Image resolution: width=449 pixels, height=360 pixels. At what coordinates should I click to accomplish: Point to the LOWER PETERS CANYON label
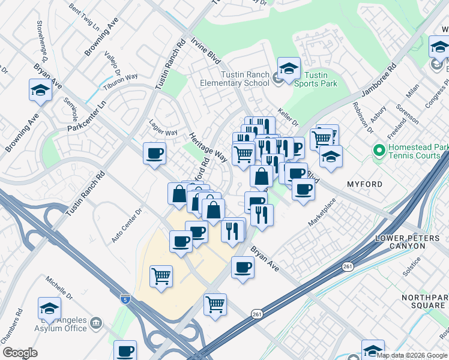(x=412, y=244)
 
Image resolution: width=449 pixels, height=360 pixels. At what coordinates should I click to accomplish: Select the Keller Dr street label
(x=288, y=117)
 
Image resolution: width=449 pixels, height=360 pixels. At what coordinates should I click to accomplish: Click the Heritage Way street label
(x=208, y=147)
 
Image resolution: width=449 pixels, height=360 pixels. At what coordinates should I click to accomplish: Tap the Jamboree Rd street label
(x=379, y=78)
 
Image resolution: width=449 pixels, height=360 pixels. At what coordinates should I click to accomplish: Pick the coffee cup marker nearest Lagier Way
(x=154, y=153)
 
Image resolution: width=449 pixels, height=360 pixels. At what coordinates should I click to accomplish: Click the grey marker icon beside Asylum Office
(x=95, y=325)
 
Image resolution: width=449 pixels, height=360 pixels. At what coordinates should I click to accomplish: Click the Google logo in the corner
(x=20, y=353)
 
